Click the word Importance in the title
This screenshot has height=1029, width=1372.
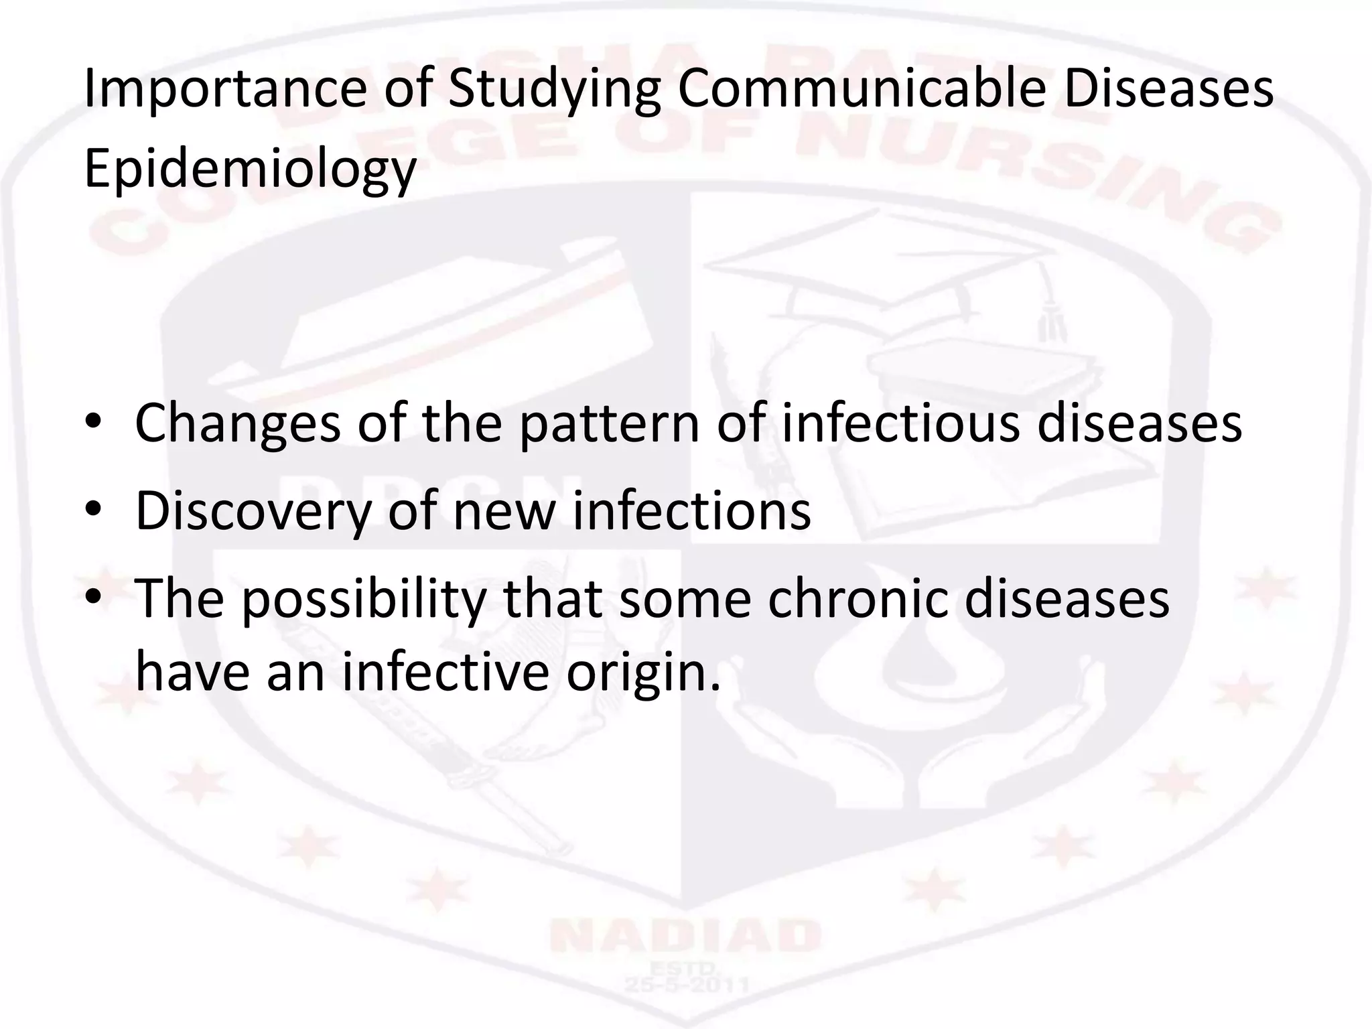pyautogui.click(x=225, y=90)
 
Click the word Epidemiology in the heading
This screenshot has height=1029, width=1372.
pyautogui.click(x=250, y=170)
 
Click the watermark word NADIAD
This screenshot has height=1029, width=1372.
pyautogui.click(x=685, y=936)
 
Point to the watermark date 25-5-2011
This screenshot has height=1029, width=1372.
pyautogui.click(x=685, y=983)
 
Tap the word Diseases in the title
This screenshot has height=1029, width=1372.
pyautogui.click(x=1168, y=90)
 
